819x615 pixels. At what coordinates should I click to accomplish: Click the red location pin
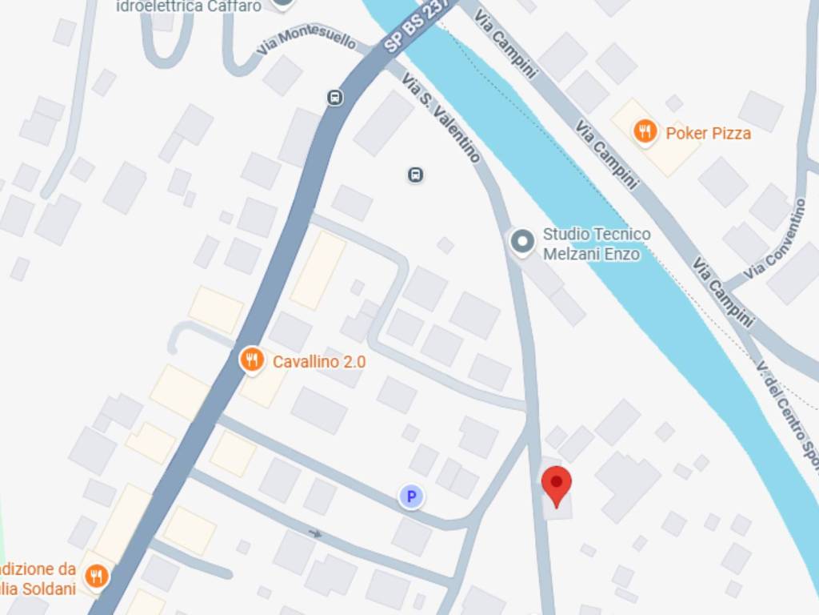click(x=557, y=484)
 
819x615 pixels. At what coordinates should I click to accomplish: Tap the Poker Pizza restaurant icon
click(x=645, y=131)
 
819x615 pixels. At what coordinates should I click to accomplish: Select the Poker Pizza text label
click(x=708, y=133)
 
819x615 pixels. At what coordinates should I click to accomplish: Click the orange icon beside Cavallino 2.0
click(x=252, y=360)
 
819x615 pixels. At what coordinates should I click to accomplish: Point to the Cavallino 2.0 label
click(x=318, y=362)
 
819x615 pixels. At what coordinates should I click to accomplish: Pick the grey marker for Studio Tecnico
click(x=522, y=241)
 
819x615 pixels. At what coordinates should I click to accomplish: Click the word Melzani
click(x=570, y=255)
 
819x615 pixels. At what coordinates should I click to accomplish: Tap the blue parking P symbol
click(x=411, y=497)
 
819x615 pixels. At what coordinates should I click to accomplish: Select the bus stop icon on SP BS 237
click(x=335, y=98)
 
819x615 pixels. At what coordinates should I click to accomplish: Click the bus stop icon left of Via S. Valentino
click(x=415, y=175)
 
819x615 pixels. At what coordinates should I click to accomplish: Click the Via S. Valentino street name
click(x=441, y=118)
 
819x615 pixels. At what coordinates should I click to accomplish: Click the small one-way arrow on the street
click(x=316, y=533)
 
